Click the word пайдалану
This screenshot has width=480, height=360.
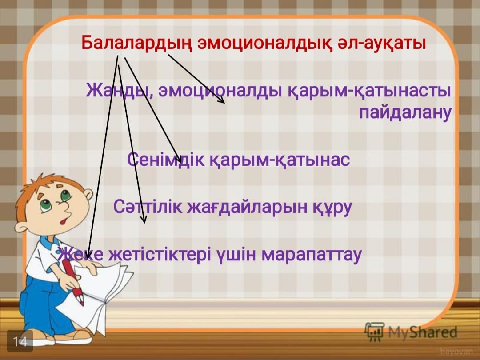click(x=405, y=112)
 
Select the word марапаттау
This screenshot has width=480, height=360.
click(x=312, y=255)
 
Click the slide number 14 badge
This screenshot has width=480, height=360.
click(x=20, y=341)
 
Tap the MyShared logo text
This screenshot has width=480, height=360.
click(x=423, y=332)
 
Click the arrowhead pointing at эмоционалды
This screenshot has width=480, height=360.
click(x=221, y=100)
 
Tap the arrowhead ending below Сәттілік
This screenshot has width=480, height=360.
click(x=144, y=219)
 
